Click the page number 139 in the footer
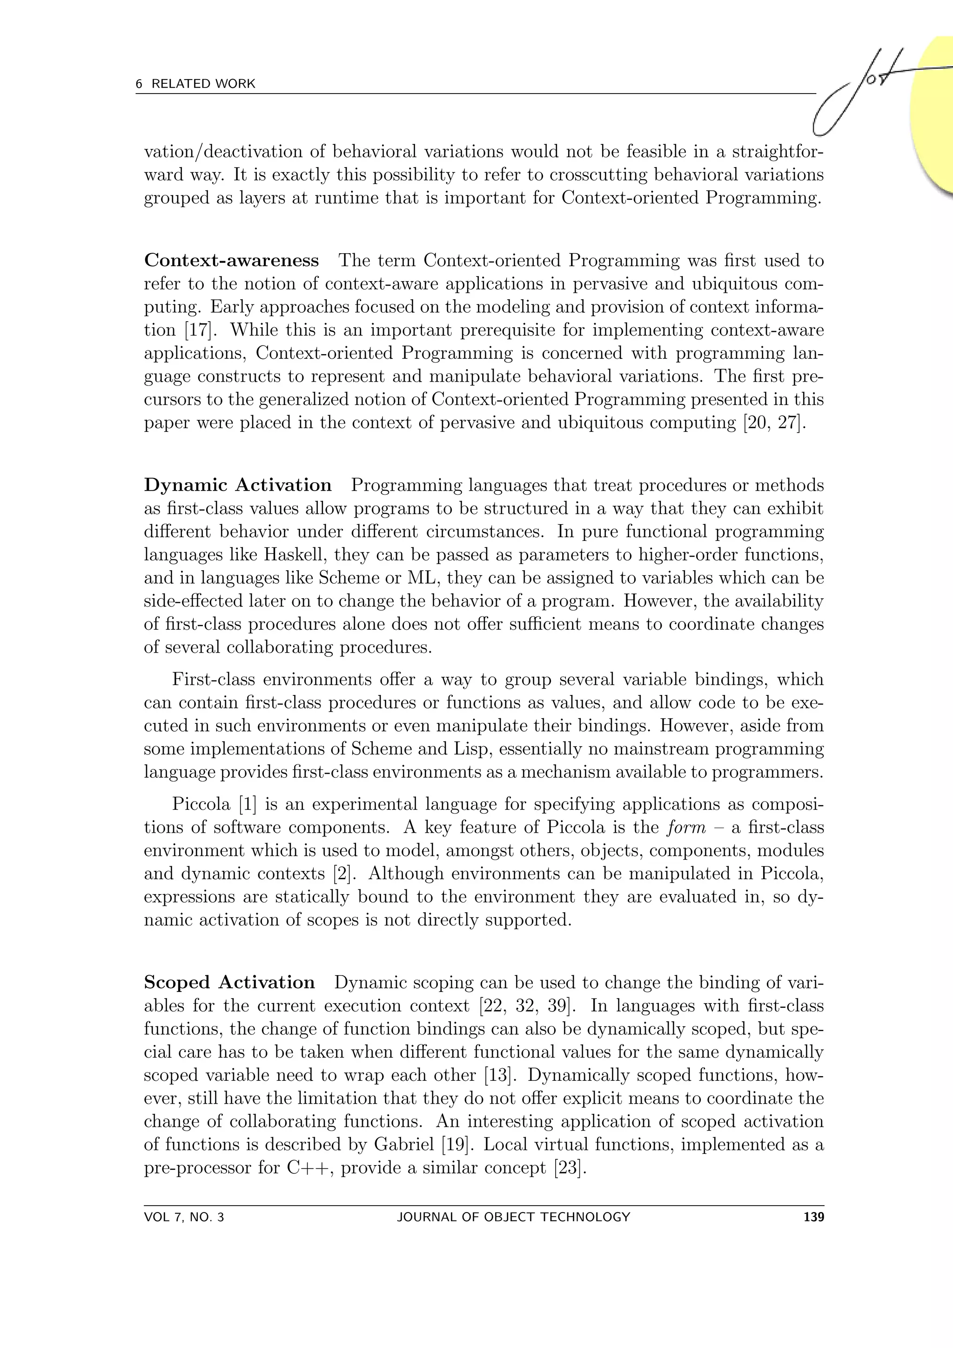pos(813,1217)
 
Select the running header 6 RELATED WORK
pos(195,84)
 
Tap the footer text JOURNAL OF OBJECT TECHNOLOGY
pos(513,1217)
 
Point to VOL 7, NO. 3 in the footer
pos(184,1217)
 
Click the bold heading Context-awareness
pos(231,260)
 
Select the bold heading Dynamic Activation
pos(238,485)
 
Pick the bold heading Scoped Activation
pos(229,983)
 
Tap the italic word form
pos(686,828)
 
